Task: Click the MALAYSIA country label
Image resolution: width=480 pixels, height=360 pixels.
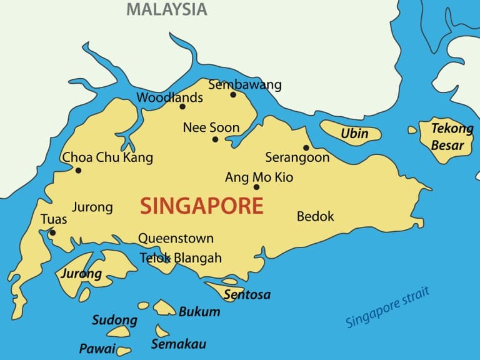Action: click(x=166, y=9)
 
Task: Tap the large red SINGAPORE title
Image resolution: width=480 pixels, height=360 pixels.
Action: click(x=201, y=206)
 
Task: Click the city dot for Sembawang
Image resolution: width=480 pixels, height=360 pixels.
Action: click(x=233, y=95)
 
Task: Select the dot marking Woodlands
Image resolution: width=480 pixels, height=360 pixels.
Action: click(x=182, y=106)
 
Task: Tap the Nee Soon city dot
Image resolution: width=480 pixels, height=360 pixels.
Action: click(x=215, y=139)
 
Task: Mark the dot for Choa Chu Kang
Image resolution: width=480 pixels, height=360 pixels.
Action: click(x=78, y=170)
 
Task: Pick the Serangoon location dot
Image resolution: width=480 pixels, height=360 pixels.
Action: click(x=306, y=147)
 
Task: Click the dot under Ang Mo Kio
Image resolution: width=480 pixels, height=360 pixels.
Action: click(x=256, y=187)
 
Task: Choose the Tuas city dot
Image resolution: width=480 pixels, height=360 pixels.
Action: click(x=52, y=233)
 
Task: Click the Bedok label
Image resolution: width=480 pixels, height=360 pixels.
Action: click(x=315, y=217)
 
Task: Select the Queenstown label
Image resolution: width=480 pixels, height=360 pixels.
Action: click(x=176, y=238)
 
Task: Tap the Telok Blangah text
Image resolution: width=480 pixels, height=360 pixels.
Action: click(x=181, y=257)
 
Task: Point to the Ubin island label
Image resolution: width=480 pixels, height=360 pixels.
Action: click(x=354, y=134)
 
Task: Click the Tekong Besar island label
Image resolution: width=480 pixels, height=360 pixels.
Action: click(x=451, y=137)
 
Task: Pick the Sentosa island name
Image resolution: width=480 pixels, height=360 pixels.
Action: click(x=247, y=294)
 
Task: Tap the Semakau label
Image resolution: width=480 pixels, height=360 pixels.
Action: click(x=178, y=344)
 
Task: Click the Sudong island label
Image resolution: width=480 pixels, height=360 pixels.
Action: click(x=114, y=321)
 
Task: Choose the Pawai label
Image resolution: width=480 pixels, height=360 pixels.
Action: click(x=97, y=348)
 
